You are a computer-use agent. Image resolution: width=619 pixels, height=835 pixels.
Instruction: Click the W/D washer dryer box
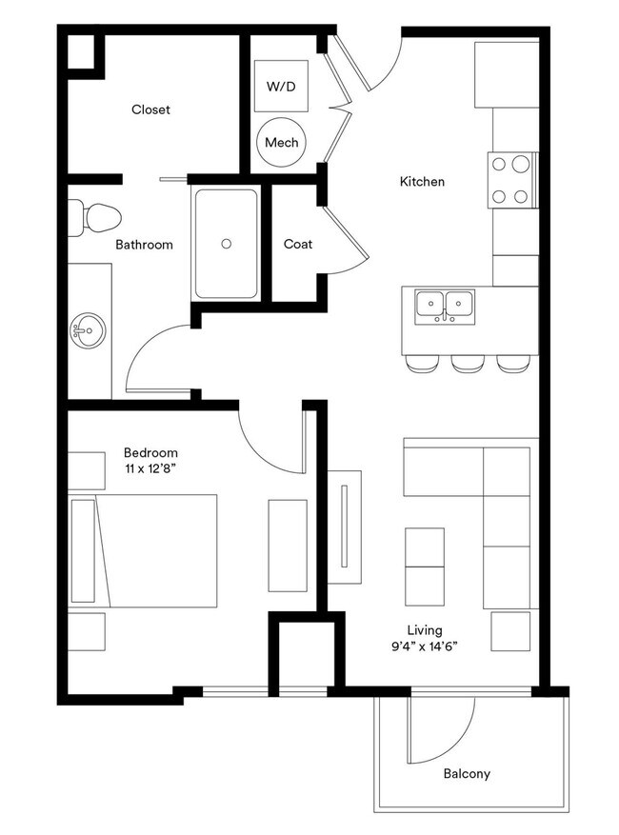tap(281, 87)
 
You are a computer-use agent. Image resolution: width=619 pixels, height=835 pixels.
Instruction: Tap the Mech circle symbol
tap(282, 143)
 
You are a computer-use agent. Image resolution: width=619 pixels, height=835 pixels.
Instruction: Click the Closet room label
tap(150, 109)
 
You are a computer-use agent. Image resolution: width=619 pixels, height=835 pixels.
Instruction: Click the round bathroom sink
tap(83, 333)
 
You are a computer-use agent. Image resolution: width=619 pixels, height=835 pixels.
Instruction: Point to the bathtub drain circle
tap(226, 244)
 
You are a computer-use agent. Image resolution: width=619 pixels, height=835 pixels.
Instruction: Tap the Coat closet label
tap(298, 244)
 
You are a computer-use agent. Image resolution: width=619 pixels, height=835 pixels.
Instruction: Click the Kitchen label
tap(422, 181)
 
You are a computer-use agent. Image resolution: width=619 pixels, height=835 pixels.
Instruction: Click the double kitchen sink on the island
tap(446, 305)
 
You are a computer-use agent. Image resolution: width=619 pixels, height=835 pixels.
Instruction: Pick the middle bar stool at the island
tap(466, 363)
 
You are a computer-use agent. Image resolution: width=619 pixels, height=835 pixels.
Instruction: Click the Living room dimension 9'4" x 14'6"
tap(425, 647)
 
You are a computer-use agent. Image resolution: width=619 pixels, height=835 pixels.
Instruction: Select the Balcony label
tap(467, 773)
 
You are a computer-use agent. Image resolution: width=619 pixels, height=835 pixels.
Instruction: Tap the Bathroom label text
tap(144, 245)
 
